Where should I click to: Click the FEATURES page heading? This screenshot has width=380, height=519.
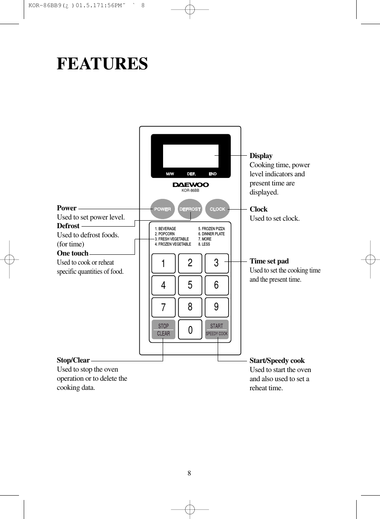(102, 64)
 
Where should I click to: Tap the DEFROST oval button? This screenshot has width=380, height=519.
(190, 209)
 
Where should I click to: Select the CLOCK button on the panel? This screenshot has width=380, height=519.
(217, 209)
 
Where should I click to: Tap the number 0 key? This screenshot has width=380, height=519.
(190, 330)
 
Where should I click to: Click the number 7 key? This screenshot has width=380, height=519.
(163, 307)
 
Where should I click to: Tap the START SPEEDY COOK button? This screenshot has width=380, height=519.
(217, 330)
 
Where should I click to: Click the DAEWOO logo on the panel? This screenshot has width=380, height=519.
(190, 185)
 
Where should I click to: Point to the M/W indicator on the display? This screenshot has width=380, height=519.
(170, 174)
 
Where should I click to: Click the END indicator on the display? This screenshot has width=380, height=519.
(213, 174)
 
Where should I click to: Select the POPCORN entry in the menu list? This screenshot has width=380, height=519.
(165, 234)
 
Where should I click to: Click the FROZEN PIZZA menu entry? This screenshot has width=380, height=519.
(211, 229)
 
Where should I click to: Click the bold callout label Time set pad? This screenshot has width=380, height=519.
(269, 261)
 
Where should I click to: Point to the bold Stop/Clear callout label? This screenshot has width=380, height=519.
(73, 360)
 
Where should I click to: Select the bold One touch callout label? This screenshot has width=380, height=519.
(72, 253)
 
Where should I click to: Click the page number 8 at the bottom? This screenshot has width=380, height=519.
(189, 473)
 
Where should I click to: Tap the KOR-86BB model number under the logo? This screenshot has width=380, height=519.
(190, 191)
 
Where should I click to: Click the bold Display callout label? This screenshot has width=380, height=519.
(261, 156)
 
